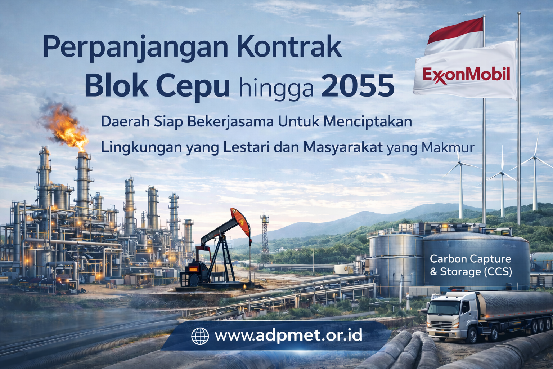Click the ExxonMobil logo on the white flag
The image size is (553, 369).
click(466, 75)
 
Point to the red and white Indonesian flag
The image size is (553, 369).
click(455, 34)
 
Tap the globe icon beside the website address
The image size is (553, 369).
click(200, 336)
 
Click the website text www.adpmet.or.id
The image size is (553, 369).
click(288, 335)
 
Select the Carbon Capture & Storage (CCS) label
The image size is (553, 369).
click(471, 265)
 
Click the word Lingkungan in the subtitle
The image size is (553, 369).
click(141, 148)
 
